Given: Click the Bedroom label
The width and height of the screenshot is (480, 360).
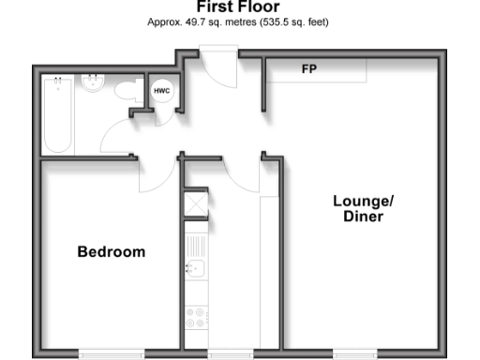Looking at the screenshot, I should pyautogui.click(x=112, y=252).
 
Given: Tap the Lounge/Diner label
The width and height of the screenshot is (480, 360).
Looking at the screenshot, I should pyautogui.click(x=364, y=208).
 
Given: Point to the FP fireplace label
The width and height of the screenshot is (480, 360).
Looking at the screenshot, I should pyautogui.click(x=308, y=70).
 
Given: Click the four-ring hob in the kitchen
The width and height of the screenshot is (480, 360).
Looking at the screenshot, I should pyautogui.click(x=197, y=317).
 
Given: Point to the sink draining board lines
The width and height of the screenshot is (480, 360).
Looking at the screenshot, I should pyautogui.click(x=195, y=246).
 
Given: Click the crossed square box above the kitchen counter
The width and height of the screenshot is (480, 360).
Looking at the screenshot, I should pyautogui.click(x=196, y=203).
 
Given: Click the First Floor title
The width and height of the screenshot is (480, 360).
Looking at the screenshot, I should pyautogui.click(x=238, y=7).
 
